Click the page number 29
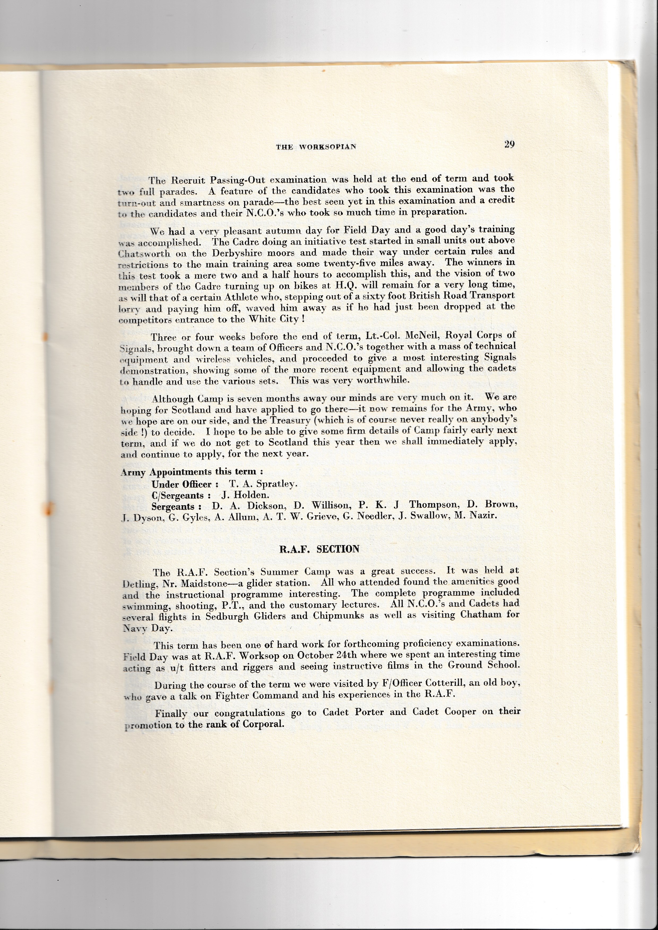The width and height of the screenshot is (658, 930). coord(509,145)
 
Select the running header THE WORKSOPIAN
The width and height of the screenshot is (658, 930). coord(316,147)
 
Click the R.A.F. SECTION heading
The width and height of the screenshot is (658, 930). coord(319,549)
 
